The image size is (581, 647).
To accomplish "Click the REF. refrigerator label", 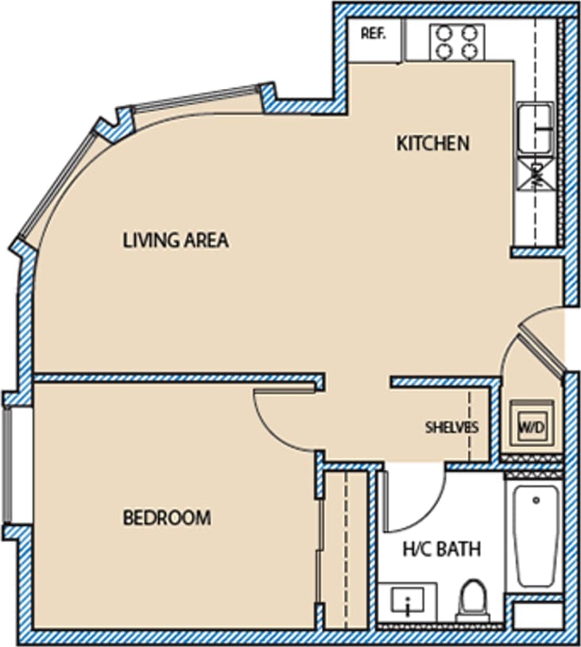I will [373, 33].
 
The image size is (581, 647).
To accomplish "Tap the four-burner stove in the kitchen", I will [457, 41].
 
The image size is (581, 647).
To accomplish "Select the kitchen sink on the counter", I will [536, 128].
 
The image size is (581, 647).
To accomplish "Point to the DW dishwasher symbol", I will [536, 171].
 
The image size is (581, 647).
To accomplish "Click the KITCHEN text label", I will [433, 144].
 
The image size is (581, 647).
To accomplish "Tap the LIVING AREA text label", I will [176, 240].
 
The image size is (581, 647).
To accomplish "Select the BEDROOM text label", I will [167, 518].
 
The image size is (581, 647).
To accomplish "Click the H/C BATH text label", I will [442, 549].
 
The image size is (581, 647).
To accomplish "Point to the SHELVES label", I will [451, 427].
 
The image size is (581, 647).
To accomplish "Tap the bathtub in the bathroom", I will [536, 536].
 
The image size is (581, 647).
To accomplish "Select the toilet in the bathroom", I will [473, 599].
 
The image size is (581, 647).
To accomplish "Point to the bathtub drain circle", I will [536, 500].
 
